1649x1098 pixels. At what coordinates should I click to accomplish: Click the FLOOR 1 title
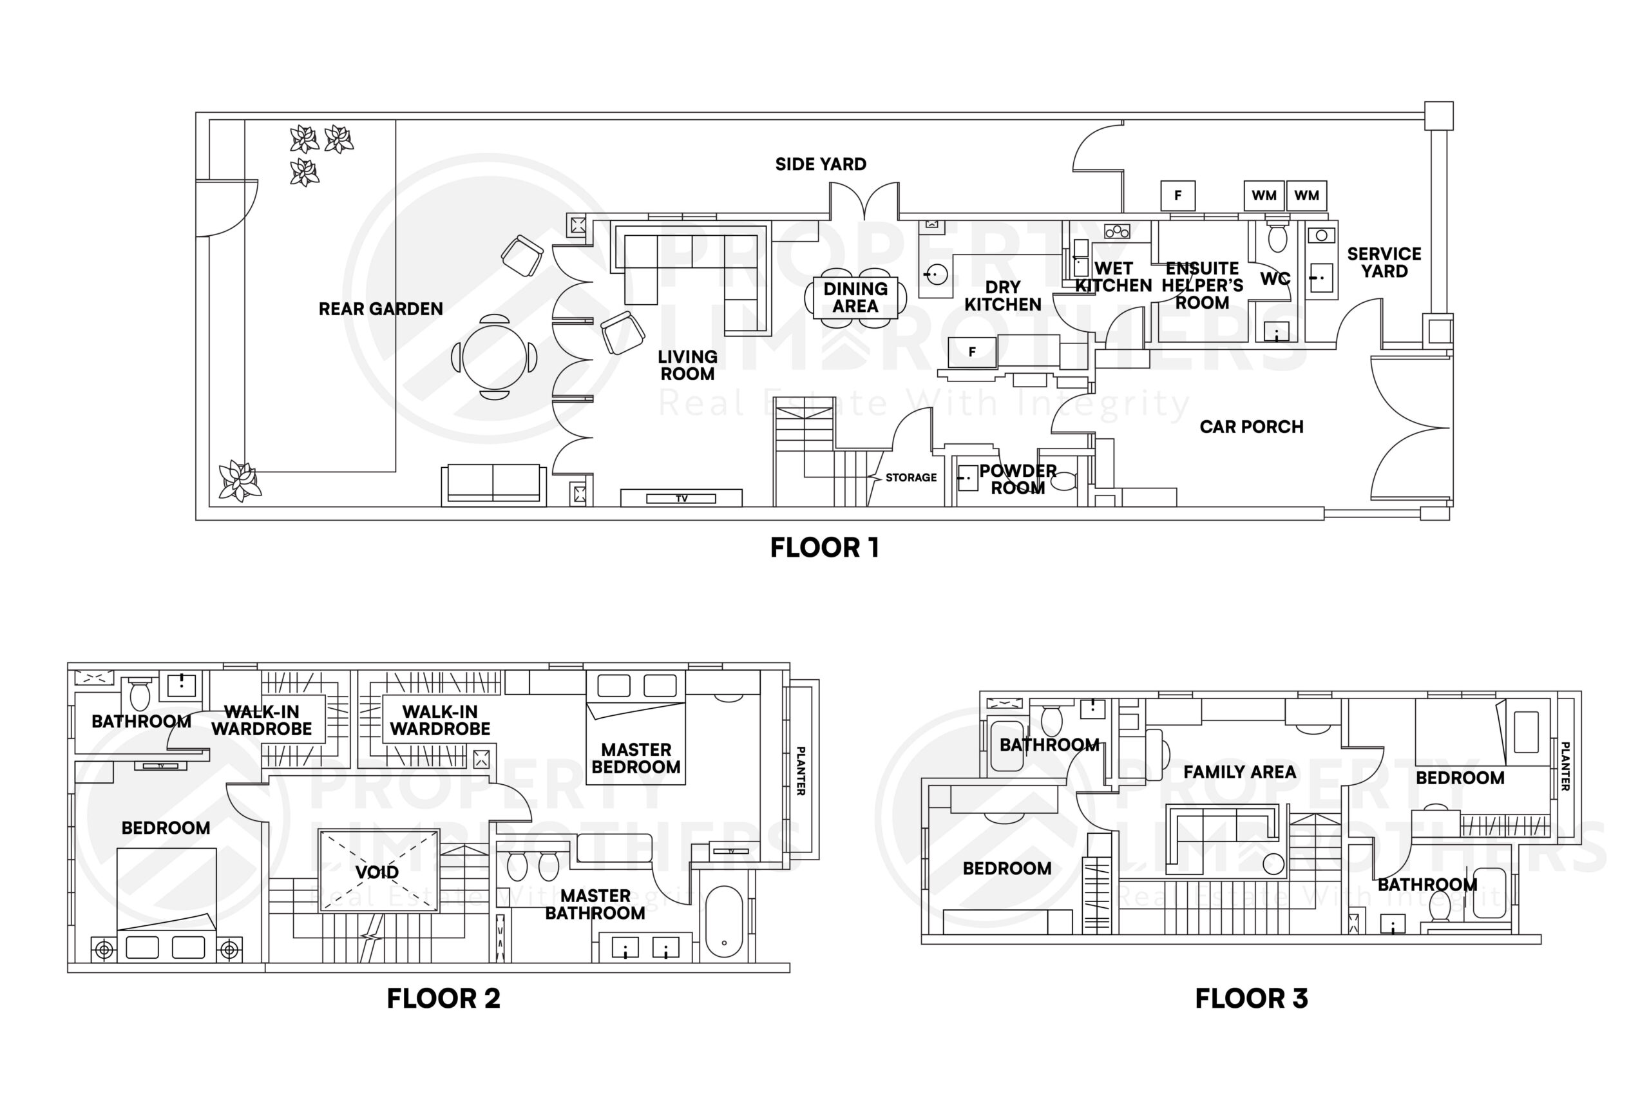(x=824, y=548)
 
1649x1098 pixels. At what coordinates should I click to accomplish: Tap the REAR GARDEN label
(x=380, y=309)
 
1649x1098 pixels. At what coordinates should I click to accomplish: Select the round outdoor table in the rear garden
(x=494, y=357)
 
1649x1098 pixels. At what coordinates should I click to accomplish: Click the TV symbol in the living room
(x=681, y=499)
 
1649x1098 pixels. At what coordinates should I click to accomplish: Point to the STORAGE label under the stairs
(x=911, y=477)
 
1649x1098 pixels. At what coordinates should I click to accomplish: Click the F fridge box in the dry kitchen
(x=971, y=352)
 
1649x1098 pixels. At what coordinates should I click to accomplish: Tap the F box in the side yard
(x=1177, y=195)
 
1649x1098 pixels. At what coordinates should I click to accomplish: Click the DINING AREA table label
(x=855, y=298)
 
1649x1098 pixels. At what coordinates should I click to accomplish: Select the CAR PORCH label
(x=1252, y=427)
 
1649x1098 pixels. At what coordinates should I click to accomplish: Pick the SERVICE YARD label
(x=1384, y=263)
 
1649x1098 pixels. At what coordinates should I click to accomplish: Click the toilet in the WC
(x=1277, y=236)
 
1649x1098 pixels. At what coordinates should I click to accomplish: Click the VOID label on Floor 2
(x=377, y=872)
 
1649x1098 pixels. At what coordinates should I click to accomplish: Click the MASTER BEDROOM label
(x=636, y=758)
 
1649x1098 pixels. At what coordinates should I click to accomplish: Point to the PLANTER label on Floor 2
(x=801, y=771)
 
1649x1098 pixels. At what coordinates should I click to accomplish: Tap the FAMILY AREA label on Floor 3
(x=1239, y=773)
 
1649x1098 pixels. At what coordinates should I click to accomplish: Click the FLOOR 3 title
(x=1251, y=999)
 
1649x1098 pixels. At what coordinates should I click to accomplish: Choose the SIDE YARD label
(x=820, y=164)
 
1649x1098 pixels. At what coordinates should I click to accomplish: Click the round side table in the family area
(x=1273, y=864)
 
